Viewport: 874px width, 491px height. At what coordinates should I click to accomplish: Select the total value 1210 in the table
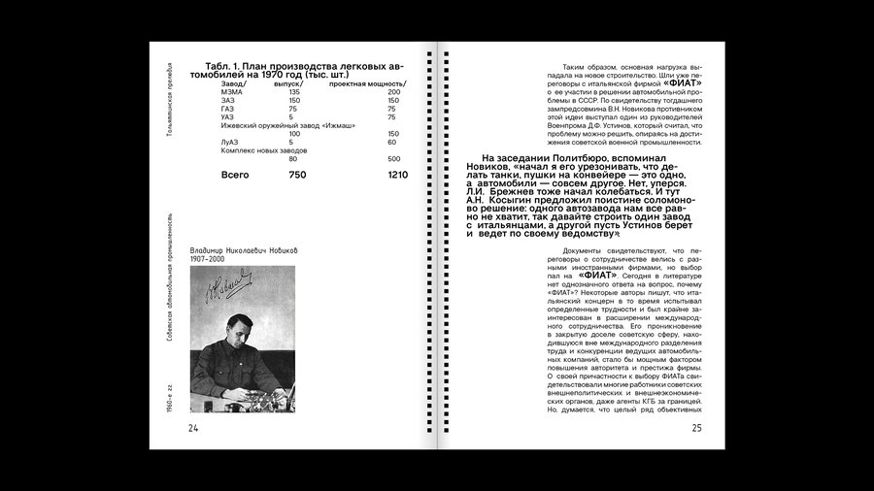pos(397,175)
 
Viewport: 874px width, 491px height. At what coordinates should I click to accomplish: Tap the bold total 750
pos(297,175)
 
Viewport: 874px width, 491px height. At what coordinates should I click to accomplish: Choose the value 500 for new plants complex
pos(393,158)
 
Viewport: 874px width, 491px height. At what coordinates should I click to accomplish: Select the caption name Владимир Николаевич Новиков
pos(244,250)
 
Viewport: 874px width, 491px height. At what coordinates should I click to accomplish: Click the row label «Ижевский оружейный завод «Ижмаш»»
pos(272,125)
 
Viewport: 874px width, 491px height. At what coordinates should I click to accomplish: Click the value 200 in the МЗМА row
pos(393,91)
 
